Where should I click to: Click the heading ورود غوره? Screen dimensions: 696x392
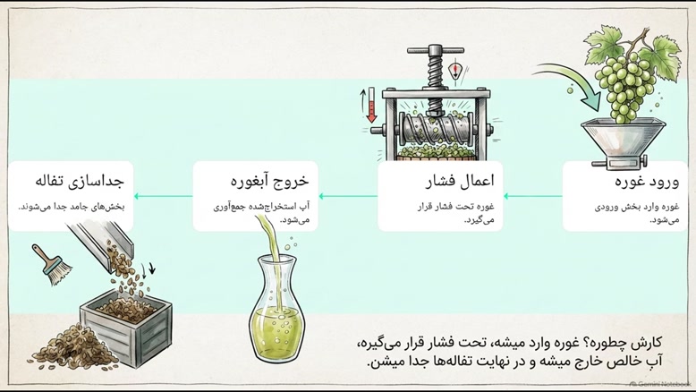coord(647,182)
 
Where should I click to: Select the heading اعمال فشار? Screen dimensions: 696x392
coord(460,182)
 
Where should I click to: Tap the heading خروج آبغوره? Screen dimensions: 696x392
coord(269,182)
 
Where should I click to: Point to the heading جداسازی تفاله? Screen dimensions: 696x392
coord(80,182)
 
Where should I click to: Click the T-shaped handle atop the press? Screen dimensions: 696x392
coord(435,51)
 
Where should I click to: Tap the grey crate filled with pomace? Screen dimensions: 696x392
coord(125,327)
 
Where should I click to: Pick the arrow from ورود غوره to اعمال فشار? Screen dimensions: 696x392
coord(532,196)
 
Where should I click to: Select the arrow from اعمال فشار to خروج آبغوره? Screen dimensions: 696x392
coord(348,196)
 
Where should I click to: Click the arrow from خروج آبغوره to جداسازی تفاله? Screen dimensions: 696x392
coord(164,196)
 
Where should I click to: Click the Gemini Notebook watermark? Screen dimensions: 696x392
coord(660,385)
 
